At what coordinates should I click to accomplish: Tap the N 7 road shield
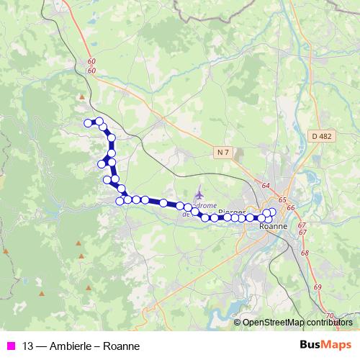click(x=223, y=152)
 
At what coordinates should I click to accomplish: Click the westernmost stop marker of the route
click(x=89, y=123)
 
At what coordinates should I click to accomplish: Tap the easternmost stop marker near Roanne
click(x=272, y=212)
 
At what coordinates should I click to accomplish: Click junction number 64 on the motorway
click(x=266, y=186)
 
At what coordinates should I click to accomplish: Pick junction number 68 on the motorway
click(x=305, y=253)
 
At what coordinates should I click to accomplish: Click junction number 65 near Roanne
click(x=282, y=200)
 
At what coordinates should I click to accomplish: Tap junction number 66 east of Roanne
click(x=291, y=207)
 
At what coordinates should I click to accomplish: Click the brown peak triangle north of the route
click(x=83, y=96)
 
